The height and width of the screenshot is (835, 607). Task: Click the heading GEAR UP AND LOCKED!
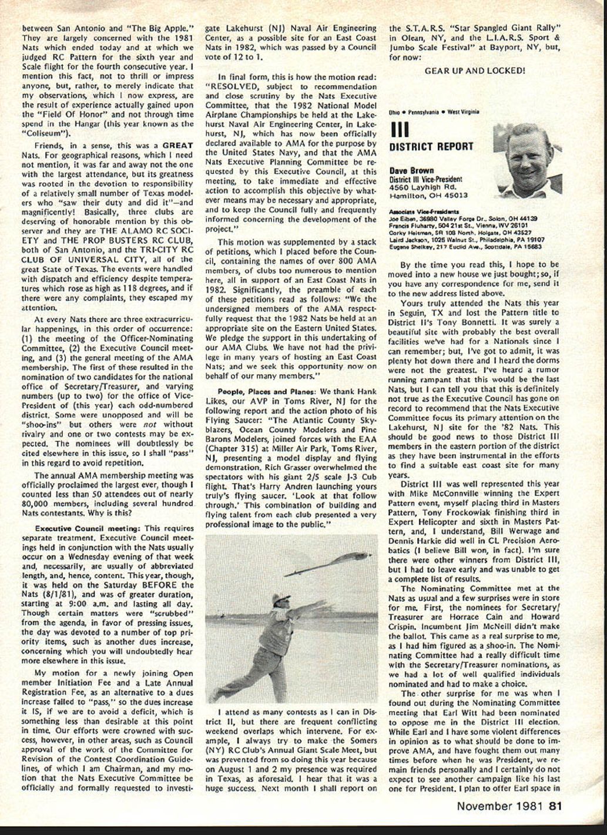pyautogui.click(x=474, y=71)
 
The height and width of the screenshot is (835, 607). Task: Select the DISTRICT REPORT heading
pyautogui.click(x=431, y=146)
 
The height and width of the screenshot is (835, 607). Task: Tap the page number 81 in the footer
pyautogui.click(x=556, y=806)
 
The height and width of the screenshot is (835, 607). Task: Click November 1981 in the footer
pyautogui.click(x=501, y=806)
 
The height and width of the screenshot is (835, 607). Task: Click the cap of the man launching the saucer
pyautogui.click(x=280, y=599)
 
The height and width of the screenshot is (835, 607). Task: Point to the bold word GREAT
pyautogui.click(x=177, y=145)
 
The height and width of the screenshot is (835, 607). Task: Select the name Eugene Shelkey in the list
pyautogui.click(x=408, y=247)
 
